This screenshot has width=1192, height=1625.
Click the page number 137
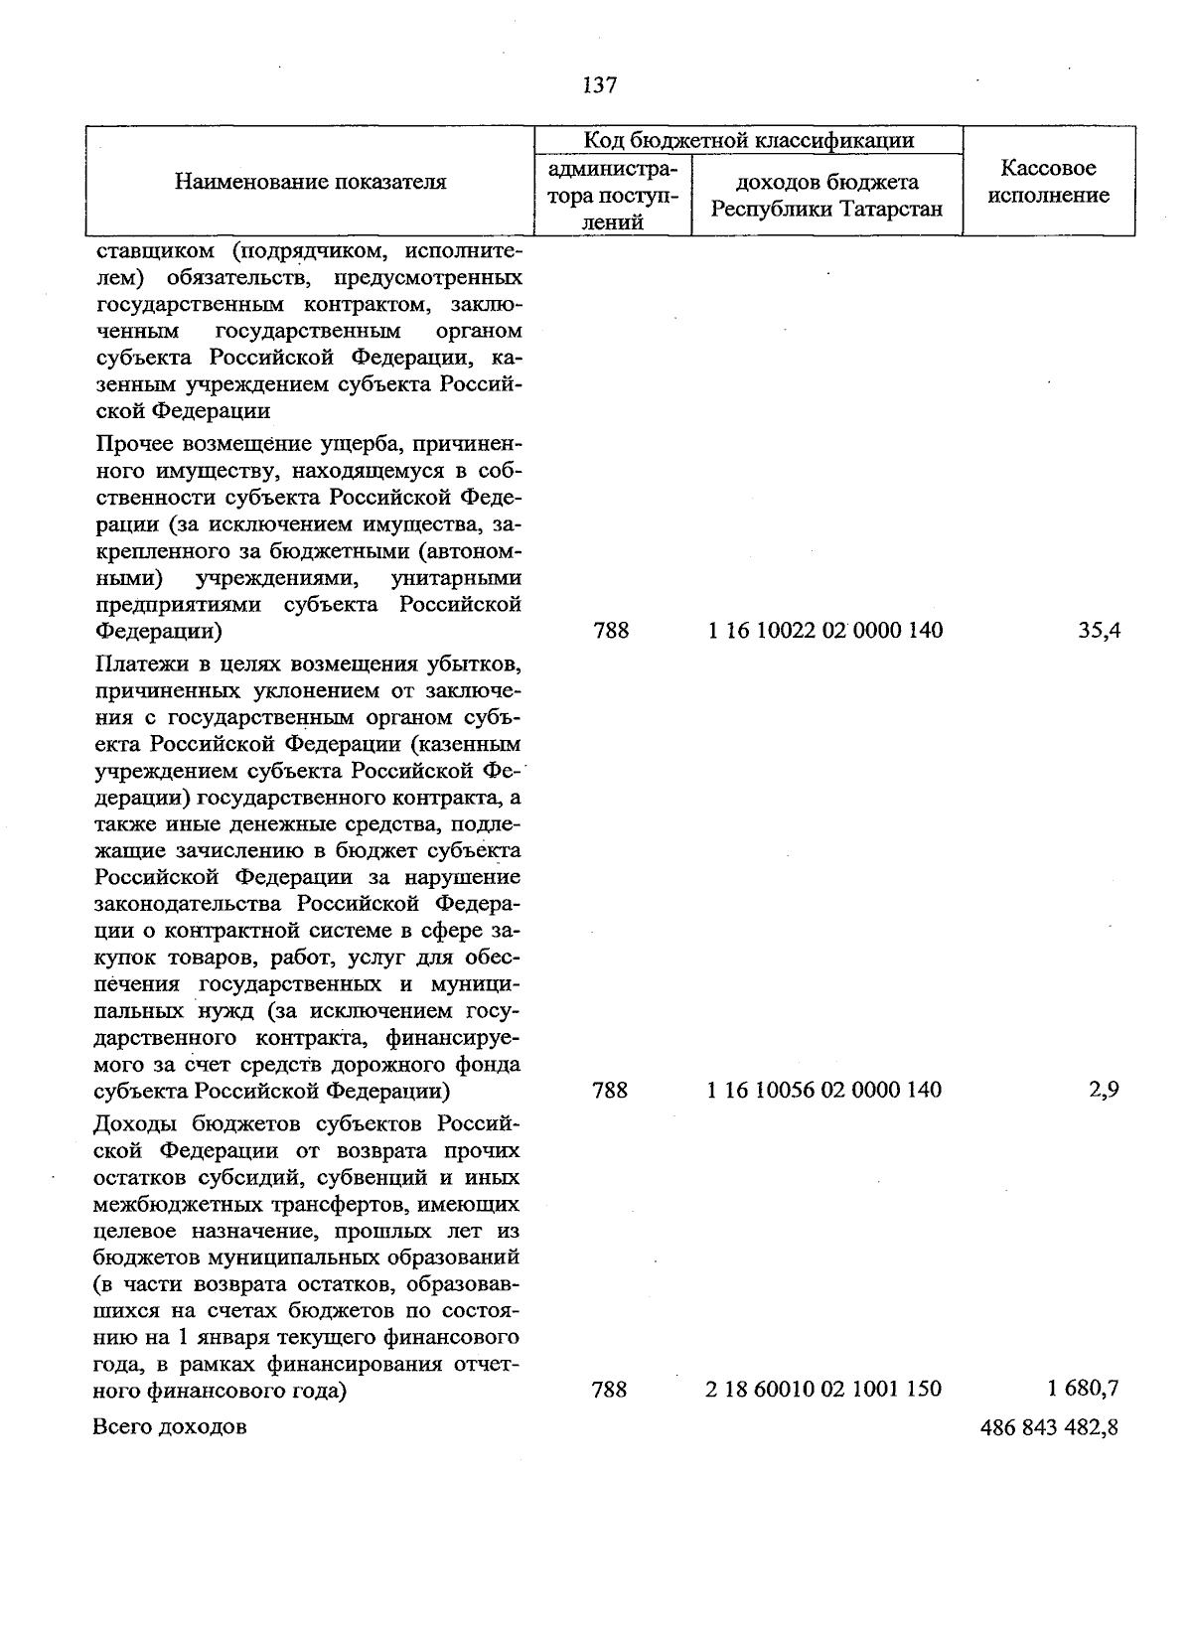tap(600, 85)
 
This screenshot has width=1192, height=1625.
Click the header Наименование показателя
tap(311, 182)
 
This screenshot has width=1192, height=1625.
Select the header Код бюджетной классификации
tap(748, 140)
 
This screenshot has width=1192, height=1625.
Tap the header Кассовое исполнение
tap(1048, 182)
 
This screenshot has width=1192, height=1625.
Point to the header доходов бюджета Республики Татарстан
tap(826, 196)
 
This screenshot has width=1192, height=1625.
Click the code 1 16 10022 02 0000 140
tap(825, 630)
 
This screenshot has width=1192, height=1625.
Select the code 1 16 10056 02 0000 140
tap(824, 1090)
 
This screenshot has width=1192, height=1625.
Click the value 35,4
tap(1099, 630)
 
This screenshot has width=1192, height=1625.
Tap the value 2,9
tap(1105, 1090)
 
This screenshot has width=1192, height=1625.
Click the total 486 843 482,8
tap(1049, 1427)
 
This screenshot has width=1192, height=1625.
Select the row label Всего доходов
tap(170, 1427)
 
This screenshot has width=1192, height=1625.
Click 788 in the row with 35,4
tap(610, 630)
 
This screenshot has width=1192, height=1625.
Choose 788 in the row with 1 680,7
tap(609, 1389)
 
